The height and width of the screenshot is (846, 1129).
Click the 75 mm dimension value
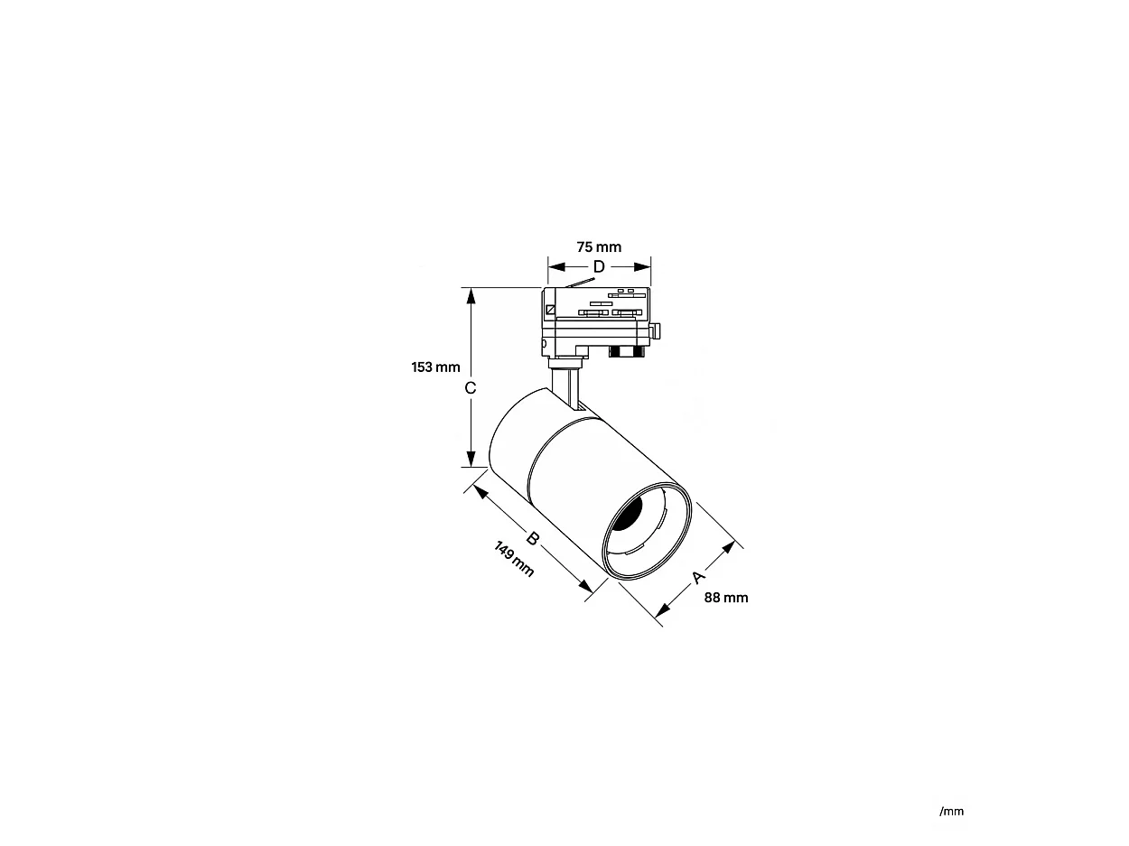click(x=599, y=247)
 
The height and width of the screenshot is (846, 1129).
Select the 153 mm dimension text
click(x=435, y=367)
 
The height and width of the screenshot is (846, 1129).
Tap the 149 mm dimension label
click(x=514, y=559)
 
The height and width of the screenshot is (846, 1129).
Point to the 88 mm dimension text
click(x=726, y=598)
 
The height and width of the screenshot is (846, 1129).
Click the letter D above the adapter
click(x=599, y=266)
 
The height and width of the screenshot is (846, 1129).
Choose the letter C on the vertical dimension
click(x=471, y=388)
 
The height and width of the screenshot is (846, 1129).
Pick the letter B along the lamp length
click(x=533, y=538)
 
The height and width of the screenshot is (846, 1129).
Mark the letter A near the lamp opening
click(x=697, y=577)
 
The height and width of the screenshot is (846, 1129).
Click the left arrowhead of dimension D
click(x=556, y=266)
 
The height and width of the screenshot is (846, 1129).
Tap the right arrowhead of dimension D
click(x=642, y=266)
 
